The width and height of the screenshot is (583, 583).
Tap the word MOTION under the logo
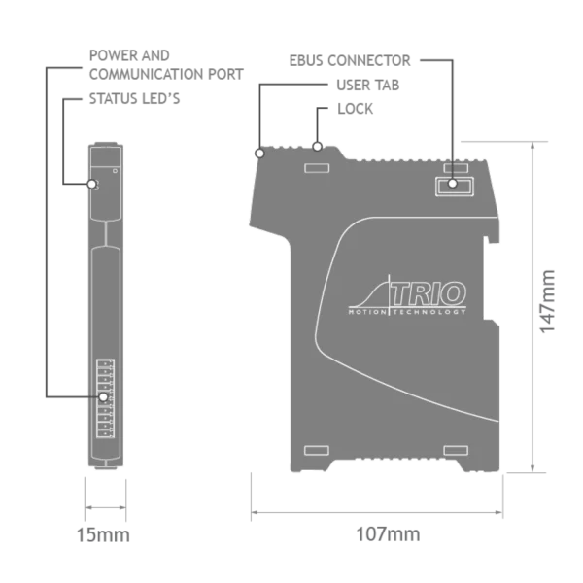(x=367, y=312)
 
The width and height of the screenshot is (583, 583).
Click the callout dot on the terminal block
(x=103, y=396)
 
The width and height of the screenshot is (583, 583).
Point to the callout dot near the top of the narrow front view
(x=93, y=183)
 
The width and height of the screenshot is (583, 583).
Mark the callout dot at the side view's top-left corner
(x=259, y=153)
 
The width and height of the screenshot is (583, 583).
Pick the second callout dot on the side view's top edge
(x=318, y=147)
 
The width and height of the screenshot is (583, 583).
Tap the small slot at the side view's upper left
(x=317, y=168)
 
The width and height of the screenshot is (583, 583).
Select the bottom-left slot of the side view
(x=317, y=449)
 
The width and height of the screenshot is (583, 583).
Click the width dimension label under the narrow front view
(x=101, y=535)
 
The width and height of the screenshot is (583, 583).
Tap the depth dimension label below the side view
(x=386, y=534)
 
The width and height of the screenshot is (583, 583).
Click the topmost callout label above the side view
(x=350, y=61)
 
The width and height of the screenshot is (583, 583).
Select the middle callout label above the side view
(x=368, y=86)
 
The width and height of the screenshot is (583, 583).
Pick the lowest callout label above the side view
(x=357, y=110)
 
